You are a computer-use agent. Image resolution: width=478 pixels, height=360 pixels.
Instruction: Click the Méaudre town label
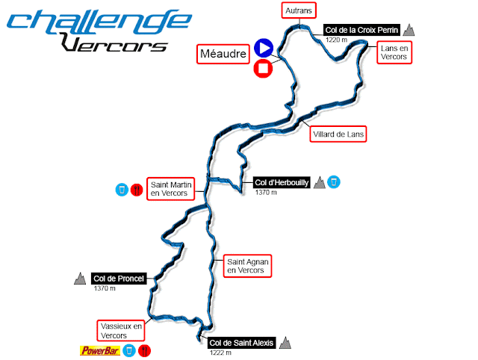coord(223,54)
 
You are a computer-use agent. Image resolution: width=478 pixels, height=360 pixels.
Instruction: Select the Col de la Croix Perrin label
coord(362,30)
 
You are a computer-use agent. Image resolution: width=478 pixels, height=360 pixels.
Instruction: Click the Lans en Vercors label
coord(394,52)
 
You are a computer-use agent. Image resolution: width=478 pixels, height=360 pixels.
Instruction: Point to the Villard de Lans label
coord(340,134)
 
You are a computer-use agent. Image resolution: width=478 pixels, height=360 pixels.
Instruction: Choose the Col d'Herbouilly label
coord(282,182)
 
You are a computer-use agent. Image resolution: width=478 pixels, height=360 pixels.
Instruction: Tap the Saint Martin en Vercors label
coord(169,188)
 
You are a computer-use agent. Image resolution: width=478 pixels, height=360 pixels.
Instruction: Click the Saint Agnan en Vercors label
coord(247,267)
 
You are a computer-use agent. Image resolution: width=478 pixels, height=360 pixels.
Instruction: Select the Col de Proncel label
coord(118,279)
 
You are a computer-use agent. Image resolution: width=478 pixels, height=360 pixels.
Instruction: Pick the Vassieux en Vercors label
coord(120,330)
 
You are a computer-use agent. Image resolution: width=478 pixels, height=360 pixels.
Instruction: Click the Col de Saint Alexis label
coord(241,343)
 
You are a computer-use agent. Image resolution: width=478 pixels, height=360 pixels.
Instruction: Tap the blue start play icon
coord(262,49)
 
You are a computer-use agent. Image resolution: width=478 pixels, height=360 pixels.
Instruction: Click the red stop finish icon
coord(262,69)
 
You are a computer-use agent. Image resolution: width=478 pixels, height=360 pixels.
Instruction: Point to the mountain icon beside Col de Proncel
coord(79,279)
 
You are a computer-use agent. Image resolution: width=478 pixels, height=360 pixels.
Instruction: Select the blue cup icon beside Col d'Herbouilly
coord(335,181)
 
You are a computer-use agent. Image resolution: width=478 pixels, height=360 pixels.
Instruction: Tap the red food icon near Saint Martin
coord(136,190)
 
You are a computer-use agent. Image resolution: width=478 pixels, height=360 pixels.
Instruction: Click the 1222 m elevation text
coord(219,353)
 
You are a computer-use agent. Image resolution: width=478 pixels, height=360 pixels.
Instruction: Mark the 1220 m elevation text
coord(337,40)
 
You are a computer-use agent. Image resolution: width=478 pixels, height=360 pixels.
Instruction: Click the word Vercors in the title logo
coord(114,45)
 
